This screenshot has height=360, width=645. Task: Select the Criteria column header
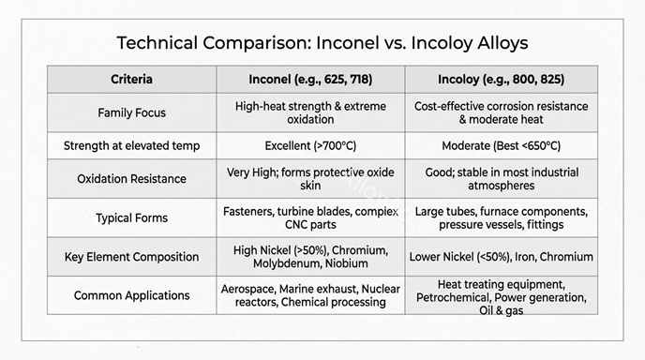pos(131,79)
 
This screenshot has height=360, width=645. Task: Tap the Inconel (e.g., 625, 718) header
pos(310,79)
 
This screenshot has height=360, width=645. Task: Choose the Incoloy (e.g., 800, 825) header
pos(502,79)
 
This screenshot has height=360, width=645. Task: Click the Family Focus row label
pos(131,112)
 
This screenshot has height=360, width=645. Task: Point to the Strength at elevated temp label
pos(131,146)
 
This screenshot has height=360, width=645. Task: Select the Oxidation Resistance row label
pos(131,178)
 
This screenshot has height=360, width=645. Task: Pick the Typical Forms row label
pos(131,217)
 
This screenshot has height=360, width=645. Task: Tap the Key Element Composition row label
pos(131,256)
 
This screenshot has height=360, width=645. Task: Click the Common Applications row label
pos(131,295)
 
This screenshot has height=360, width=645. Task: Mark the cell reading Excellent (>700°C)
pos(310,146)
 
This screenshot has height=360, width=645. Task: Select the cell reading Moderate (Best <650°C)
pos(502,146)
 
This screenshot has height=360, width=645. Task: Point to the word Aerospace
pos(249,288)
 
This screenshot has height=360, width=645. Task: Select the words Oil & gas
pos(502,310)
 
